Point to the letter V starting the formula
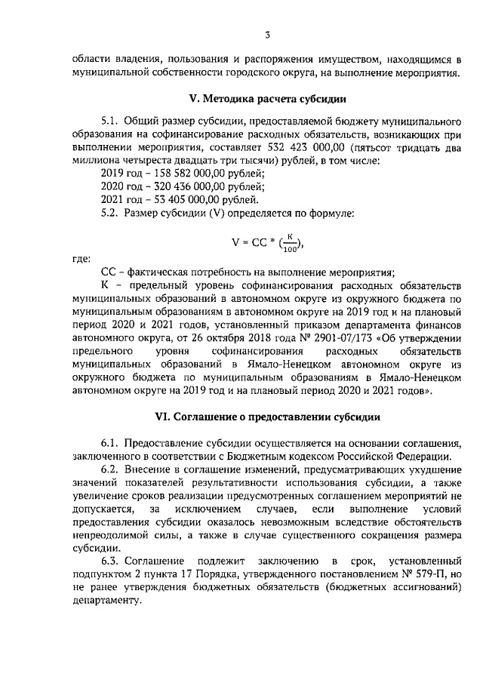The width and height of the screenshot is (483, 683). click(235, 242)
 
